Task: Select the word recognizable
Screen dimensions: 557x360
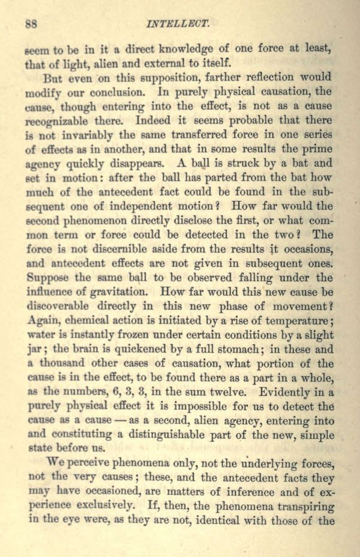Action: coord(64,121)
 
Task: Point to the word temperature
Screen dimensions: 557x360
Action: coord(298,321)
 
